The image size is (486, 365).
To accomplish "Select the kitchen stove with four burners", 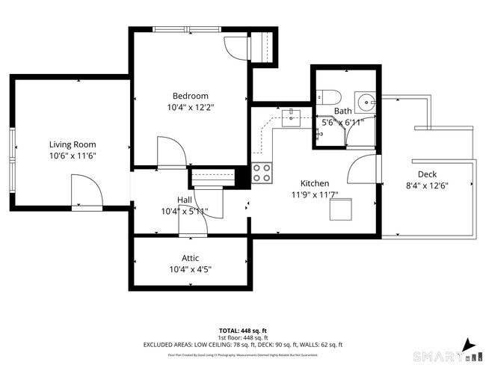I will [x=262, y=173].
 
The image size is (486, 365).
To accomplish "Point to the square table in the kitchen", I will [x=340, y=211].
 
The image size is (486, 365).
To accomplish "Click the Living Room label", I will [x=73, y=144].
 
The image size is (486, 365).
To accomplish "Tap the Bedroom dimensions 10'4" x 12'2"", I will [x=190, y=107].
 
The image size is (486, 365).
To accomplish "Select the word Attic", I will [x=190, y=257].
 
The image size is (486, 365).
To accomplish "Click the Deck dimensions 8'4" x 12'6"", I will [x=427, y=185].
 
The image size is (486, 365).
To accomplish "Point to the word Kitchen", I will [x=315, y=183].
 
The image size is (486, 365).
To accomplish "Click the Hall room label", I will [x=185, y=200].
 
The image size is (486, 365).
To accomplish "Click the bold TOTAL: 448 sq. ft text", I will [x=242, y=330].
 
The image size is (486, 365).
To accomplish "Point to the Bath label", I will [x=342, y=111].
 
